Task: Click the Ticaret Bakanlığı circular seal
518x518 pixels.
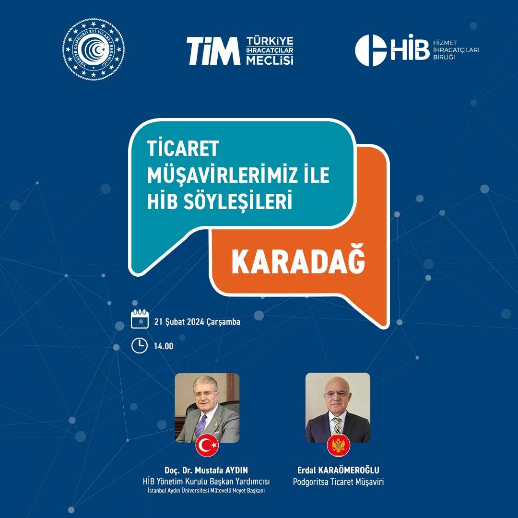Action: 94,49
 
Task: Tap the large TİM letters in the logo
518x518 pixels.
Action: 213,51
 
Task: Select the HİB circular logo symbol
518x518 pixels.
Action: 371,50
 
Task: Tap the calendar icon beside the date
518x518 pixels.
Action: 140,319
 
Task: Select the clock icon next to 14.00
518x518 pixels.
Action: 140,345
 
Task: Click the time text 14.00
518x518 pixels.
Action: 164,346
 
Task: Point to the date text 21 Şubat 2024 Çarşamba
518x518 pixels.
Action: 197,321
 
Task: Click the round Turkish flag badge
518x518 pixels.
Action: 207,445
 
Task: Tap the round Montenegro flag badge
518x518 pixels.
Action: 339,445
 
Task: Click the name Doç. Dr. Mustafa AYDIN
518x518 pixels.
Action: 206,470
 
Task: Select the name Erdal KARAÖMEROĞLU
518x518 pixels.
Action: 338,470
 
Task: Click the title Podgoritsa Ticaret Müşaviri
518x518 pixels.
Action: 338,482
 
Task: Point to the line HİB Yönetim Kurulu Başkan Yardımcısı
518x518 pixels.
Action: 206,482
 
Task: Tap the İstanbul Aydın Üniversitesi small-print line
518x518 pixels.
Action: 206,491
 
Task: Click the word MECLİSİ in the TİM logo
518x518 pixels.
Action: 270,60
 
